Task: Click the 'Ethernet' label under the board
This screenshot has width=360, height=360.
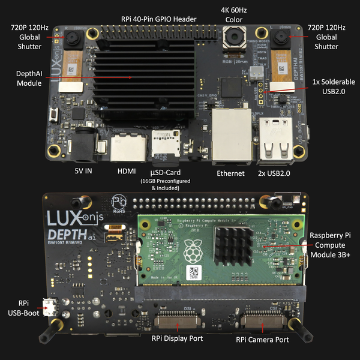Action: click(x=230, y=173)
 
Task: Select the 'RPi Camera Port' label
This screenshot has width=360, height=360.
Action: click(x=262, y=339)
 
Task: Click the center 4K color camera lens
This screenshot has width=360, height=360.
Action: click(x=231, y=40)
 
